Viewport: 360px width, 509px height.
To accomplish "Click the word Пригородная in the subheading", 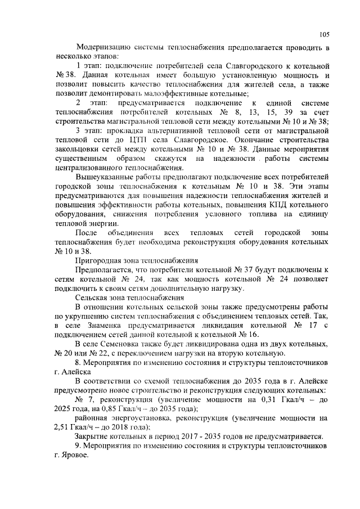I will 100,260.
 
